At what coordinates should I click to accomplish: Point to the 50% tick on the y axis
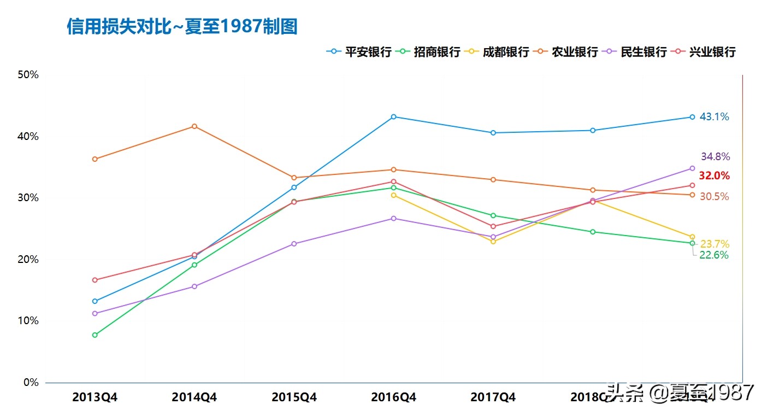28,75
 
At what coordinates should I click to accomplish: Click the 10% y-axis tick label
28,321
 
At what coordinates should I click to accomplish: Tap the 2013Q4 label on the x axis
95,397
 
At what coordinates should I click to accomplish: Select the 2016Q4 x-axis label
393,397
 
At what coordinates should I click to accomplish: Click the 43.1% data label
714,117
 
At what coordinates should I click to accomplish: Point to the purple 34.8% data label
715,157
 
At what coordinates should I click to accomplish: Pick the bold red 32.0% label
714,176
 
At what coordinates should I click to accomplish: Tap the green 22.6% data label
713,255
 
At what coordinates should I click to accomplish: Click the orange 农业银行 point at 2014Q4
194,126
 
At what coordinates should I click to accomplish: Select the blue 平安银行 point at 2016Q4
393,116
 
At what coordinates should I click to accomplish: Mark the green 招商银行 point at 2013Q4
95,335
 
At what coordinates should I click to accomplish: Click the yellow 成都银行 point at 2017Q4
493,242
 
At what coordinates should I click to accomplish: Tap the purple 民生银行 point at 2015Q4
294,244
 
